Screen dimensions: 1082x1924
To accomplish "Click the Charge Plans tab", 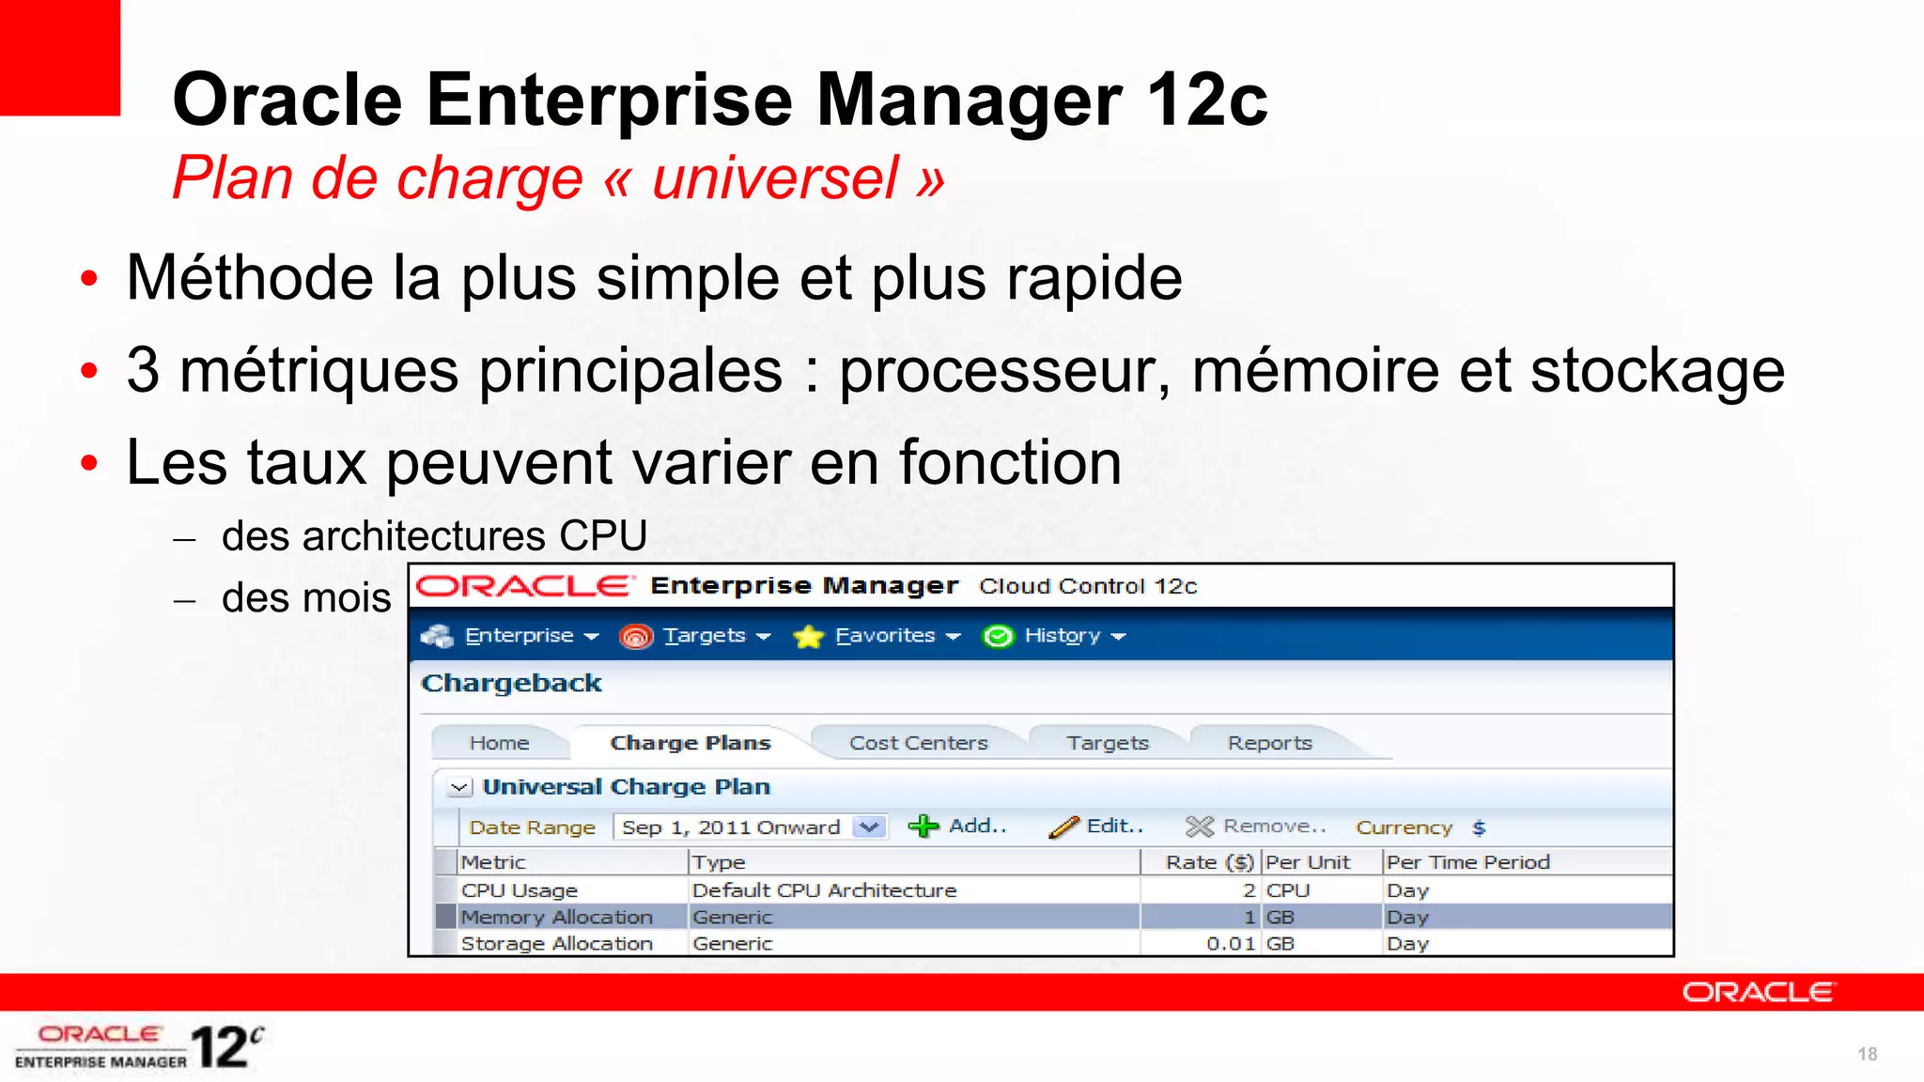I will click(690, 743).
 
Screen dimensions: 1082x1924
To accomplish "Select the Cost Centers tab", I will click(918, 743).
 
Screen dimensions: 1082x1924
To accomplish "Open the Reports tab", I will click(1269, 743).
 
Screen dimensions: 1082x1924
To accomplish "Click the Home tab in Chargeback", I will click(499, 743).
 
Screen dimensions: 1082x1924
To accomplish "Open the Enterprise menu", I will click(520, 636).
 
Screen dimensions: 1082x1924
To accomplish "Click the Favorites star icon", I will click(808, 637).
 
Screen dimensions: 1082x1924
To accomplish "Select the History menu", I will click(1063, 636).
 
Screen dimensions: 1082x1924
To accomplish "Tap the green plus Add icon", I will click(923, 827).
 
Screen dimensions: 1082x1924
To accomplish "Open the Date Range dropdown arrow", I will click(870, 827).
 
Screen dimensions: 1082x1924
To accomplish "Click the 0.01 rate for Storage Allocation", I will click(1231, 943).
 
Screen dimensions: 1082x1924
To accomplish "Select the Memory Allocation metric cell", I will click(556, 917).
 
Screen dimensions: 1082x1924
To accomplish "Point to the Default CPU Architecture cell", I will click(824, 890).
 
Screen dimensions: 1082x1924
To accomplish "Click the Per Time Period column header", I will click(1467, 862).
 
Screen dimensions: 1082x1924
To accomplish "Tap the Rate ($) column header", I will click(1209, 862).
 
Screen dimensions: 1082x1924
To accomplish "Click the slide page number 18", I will click(1867, 1054).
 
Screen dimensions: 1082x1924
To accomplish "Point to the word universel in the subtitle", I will click(775, 178).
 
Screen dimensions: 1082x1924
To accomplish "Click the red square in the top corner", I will click(59, 56).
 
